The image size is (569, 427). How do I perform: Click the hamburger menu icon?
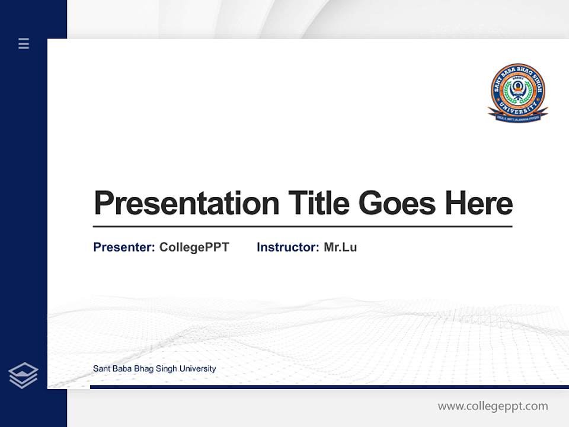[24, 43]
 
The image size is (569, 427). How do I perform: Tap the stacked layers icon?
[23, 375]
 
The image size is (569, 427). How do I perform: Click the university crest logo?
[518, 93]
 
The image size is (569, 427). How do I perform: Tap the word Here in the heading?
[478, 203]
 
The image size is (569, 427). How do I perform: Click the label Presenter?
[124, 247]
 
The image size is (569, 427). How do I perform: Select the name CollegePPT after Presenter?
[194, 247]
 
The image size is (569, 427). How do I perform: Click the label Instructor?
[287, 247]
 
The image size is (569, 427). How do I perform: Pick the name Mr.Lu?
[340, 247]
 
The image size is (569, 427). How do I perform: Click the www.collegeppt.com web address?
[493, 406]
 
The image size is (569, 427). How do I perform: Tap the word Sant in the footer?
[101, 369]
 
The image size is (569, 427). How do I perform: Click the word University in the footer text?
[197, 369]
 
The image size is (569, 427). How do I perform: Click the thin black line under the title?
[302, 227]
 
